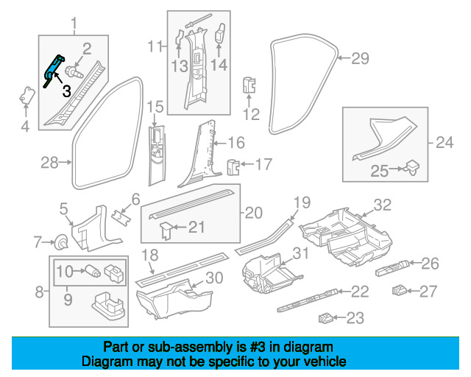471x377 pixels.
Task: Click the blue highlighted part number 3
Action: [x=54, y=71]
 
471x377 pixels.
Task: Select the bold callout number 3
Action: [x=67, y=91]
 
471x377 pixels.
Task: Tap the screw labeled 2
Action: [x=74, y=72]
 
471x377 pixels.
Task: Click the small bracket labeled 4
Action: [x=27, y=95]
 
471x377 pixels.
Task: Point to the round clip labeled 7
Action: [x=61, y=242]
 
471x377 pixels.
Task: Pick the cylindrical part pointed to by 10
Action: [x=93, y=270]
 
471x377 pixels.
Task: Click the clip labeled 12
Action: [x=249, y=85]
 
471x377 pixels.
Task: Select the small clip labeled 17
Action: [x=233, y=167]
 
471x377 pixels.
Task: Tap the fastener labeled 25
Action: [x=412, y=168]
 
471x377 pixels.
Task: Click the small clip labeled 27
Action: [x=400, y=290]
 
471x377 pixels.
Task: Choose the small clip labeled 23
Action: [x=326, y=318]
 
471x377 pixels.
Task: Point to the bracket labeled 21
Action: [x=166, y=230]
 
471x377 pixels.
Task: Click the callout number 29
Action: [x=360, y=58]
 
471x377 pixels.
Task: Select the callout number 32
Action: [x=383, y=205]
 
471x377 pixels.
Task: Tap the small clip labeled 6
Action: [x=121, y=217]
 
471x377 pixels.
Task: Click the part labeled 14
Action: [x=220, y=34]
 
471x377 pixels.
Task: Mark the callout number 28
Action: [x=49, y=163]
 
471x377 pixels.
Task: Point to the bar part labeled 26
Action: [x=392, y=267]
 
